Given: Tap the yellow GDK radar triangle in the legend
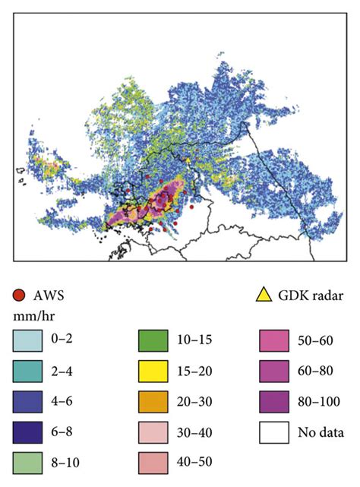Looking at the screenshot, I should click(263, 295).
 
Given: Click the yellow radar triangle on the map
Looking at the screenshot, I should click(188, 160).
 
